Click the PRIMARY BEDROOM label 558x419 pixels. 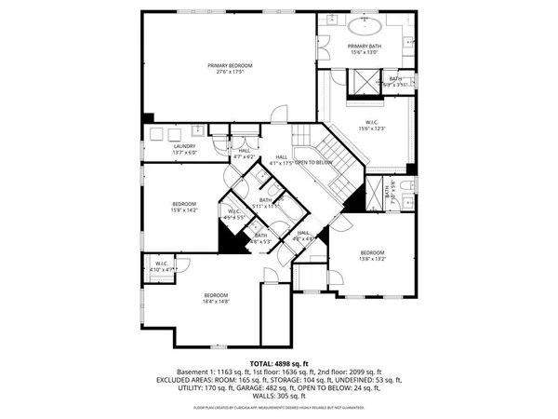point(229,68)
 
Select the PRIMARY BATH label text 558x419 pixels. point(365,48)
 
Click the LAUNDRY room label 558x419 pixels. point(183,148)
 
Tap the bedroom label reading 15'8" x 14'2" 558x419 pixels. point(183,207)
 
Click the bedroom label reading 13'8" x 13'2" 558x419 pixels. point(373,255)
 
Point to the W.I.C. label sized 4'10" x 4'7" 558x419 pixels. point(161,266)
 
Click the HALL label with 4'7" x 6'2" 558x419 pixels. point(244,154)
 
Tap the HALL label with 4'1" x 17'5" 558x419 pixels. point(280,160)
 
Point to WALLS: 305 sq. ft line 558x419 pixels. point(278,397)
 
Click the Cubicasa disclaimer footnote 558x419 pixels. point(278,408)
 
